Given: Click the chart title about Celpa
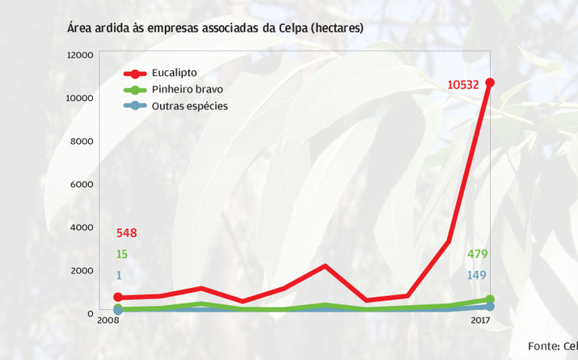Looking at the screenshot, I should [215, 28].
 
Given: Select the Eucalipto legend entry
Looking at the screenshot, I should [174, 73].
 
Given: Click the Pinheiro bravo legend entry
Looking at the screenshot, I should [187, 89].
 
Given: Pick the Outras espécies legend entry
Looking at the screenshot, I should [189, 106].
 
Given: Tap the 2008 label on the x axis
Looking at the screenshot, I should [108, 321].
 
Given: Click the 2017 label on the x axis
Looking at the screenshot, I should [482, 321].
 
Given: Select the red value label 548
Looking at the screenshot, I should [126, 233].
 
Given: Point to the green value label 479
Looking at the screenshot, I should [477, 254].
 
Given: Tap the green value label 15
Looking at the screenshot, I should [121, 254].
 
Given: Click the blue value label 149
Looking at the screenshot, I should [477, 275].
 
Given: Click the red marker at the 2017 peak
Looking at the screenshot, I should [490, 83].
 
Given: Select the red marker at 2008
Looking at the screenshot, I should [118, 298].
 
